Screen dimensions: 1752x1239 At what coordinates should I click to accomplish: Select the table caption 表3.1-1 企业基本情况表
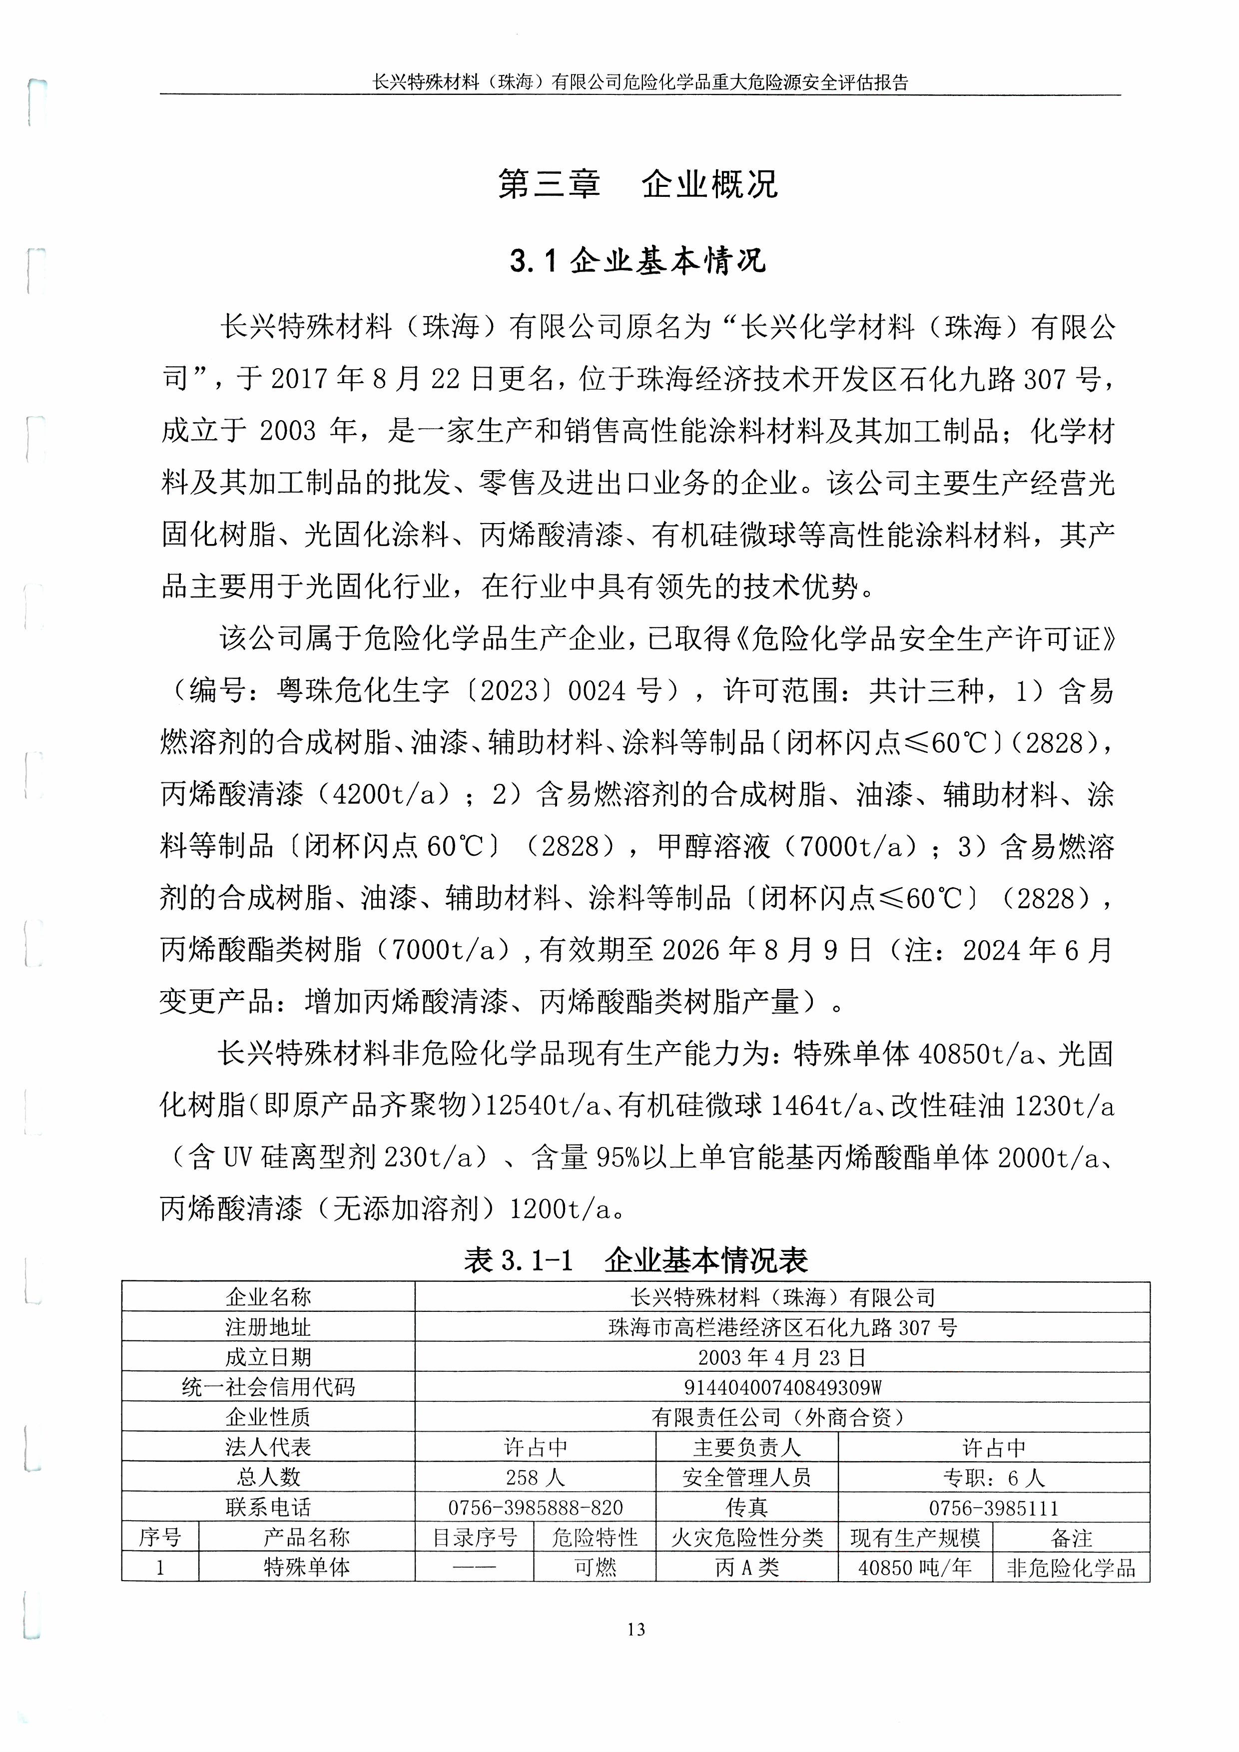coord(635,1260)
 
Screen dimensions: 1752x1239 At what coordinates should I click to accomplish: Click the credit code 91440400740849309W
coord(782,1386)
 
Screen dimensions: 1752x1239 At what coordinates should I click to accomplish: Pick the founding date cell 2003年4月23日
coord(782,1357)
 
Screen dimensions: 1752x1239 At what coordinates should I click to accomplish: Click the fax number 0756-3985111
coord(993,1507)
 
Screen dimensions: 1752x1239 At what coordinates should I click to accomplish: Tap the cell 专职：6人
coord(993,1477)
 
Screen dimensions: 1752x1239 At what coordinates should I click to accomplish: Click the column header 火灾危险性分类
coord(747,1537)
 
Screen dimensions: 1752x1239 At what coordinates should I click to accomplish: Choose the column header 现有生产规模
coord(915,1537)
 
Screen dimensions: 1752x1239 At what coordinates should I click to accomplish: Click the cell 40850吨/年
coord(915,1567)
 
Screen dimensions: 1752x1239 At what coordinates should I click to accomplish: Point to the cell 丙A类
coord(747,1567)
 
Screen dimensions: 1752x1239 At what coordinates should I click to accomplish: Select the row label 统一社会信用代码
coord(269,1386)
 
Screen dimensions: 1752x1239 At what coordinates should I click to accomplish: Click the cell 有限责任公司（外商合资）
coord(782,1417)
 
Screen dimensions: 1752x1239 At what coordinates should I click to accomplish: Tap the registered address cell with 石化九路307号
coord(782,1327)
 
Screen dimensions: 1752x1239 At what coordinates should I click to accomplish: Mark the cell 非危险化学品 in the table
coord(1071,1567)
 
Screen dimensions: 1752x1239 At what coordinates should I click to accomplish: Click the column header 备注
coord(1071,1537)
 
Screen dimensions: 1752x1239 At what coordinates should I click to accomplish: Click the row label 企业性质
coord(269,1417)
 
